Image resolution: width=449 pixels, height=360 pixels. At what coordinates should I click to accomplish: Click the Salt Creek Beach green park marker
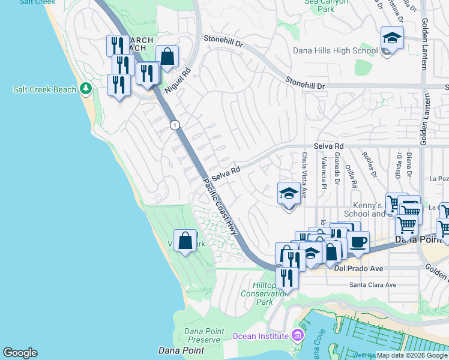(x=86, y=89)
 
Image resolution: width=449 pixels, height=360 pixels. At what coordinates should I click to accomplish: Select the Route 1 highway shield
(x=174, y=125)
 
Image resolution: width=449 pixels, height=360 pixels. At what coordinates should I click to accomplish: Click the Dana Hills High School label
(x=334, y=51)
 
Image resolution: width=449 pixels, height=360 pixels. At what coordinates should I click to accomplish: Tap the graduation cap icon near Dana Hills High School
(x=392, y=38)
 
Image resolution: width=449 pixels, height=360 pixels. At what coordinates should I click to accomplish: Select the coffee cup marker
(x=358, y=242)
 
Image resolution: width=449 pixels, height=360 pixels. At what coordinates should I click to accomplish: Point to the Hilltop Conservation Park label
(x=265, y=293)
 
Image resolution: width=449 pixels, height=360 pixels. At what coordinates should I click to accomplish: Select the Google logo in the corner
(x=20, y=353)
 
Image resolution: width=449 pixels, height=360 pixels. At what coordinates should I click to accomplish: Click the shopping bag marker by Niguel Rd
(x=167, y=57)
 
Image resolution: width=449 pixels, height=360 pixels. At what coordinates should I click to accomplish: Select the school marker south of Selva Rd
(x=289, y=194)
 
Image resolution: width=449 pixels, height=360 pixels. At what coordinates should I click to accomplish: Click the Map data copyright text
(x=412, y=355)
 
